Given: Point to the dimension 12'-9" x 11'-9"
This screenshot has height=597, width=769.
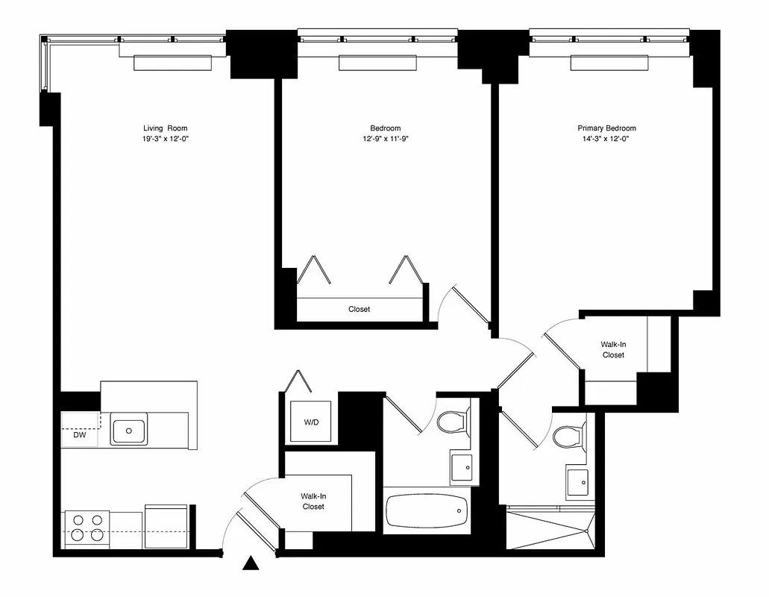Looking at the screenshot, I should [x=385, y=139].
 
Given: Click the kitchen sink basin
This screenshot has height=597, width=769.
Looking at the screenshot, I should [x=129, y=430].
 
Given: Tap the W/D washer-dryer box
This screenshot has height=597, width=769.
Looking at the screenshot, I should [x=310, y=422].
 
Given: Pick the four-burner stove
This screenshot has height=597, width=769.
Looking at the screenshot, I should [x=86, y=527].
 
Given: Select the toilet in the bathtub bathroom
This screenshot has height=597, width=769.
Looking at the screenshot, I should [x=452, y=422].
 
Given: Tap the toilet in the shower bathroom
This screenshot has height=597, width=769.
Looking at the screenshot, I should [x=569, y=436].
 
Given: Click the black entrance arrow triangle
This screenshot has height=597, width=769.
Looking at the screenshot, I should [x=252, y=564].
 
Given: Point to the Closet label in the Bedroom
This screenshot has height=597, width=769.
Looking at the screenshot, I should [x=359, y=309].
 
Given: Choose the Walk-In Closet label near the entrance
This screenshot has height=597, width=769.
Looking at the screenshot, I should [x=313, y=501].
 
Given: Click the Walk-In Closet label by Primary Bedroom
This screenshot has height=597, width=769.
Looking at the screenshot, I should [x=613, y=349].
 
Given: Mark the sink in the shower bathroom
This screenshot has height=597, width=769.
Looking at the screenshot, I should [x=577, y=483].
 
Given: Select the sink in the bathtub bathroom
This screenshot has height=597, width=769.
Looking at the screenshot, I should [x=461, y=467].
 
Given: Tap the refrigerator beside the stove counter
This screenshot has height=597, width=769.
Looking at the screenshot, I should [x=166, y=527].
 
